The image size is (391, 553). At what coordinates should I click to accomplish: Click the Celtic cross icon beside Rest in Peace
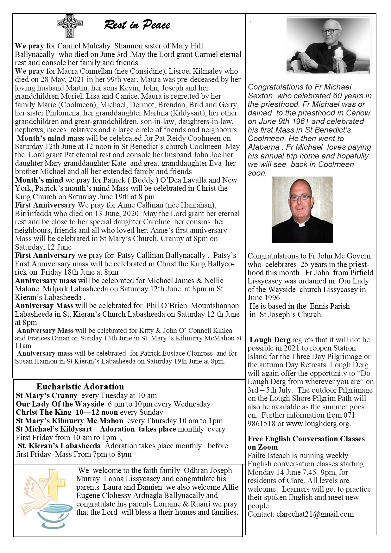point(70,26)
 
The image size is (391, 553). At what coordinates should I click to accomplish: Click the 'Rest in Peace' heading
point(137,25)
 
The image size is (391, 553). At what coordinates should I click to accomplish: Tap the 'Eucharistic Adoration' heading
point(80,387)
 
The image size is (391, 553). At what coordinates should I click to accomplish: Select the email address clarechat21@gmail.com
point(315,514)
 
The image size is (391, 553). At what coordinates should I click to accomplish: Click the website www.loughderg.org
point(318,424)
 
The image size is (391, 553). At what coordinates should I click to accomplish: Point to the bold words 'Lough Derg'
point(270,340)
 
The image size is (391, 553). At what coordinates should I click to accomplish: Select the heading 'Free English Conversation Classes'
point(306,439)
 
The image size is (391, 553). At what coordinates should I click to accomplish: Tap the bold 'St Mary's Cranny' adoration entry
point(47,395)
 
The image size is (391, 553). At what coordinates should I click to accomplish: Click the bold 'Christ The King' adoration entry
point(44,412)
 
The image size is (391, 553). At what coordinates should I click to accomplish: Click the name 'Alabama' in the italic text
point(263,147)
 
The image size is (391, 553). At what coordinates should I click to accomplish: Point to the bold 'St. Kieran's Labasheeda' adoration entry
point(59,446)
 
